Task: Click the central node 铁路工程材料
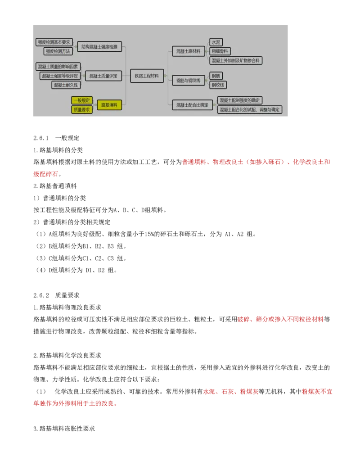147,76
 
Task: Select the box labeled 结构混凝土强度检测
99,47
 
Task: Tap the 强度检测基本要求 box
54,42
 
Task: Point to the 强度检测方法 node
58,51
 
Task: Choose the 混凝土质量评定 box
103,76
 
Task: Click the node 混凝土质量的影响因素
58,67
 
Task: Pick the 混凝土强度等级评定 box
60,76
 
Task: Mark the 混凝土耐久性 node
66,85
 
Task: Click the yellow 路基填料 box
109,105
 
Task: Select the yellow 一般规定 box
81,100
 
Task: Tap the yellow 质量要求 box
81,109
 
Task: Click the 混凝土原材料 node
188,51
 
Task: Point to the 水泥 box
216,42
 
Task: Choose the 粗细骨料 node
220,51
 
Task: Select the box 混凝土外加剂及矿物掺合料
236,60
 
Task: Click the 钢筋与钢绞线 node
189,80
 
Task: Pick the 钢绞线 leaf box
218,85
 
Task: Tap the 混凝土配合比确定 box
192,105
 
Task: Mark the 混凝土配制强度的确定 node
240,100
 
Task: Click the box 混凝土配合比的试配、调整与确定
250,109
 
